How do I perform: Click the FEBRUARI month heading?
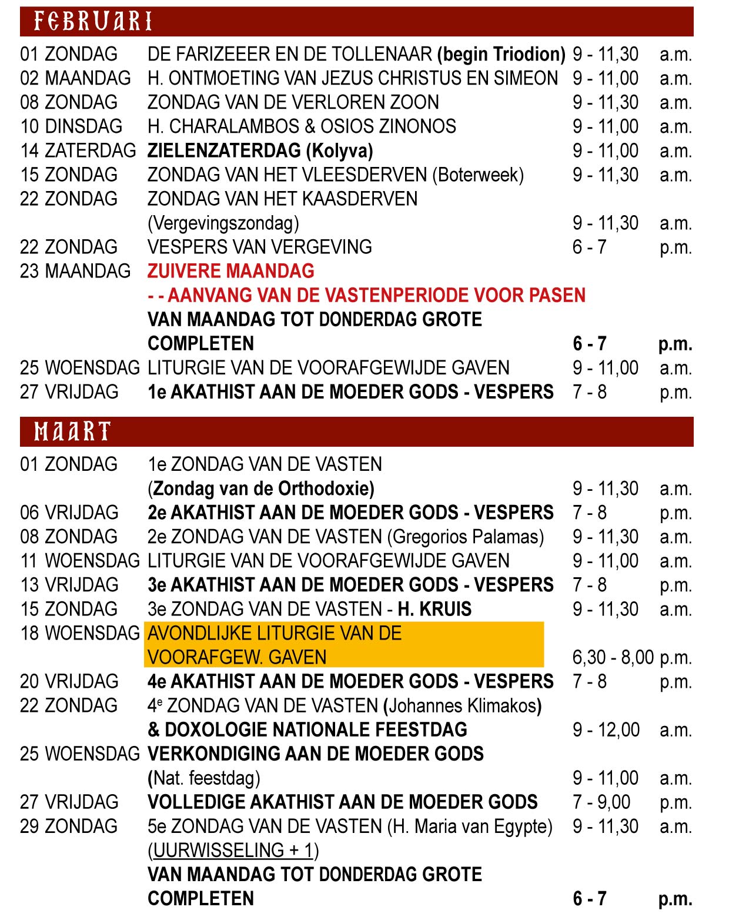click(93, 22)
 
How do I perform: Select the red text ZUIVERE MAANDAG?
click(231, 271)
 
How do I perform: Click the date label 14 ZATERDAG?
click(78, 150)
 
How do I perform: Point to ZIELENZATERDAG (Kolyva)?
click(260, 150)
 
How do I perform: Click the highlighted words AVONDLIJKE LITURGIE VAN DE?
click(275, 633)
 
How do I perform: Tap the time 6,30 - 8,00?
click(613, 657)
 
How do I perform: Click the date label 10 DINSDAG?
click(71, 126)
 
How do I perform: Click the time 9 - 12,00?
click(606, 729)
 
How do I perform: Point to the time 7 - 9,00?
click(601, 802)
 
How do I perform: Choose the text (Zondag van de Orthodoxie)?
click(261, 488)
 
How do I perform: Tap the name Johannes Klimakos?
click(462, 705)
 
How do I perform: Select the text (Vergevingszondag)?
click(223, 223)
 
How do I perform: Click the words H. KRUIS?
click(434, 609)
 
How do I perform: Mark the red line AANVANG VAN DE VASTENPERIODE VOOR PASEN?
click(376, 295)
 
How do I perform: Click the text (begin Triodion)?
click(501, 54)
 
